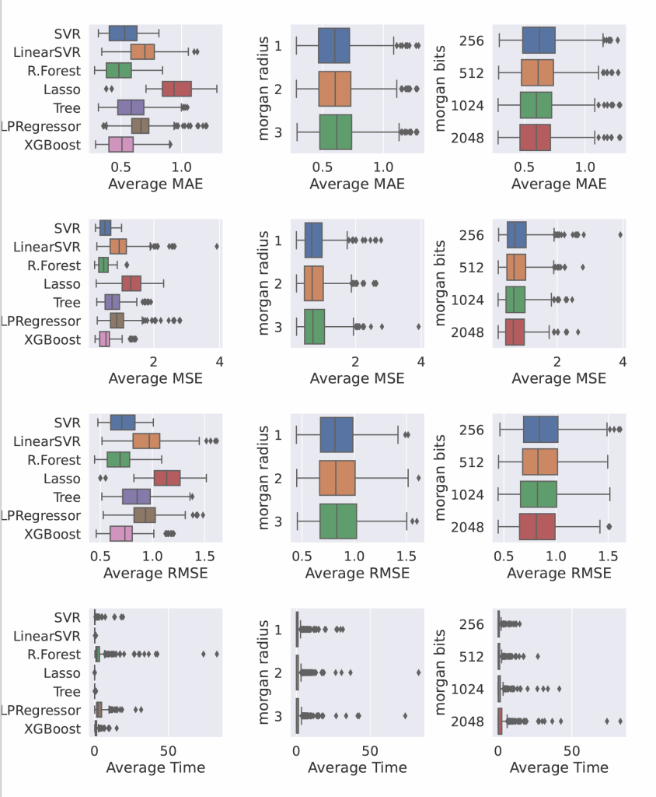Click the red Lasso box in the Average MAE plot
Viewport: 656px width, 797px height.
[176, 89]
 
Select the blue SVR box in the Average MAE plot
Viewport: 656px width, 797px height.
[123, 33]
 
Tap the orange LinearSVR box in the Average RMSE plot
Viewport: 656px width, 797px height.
[146, 441]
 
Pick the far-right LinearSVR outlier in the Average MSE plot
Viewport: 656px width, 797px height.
[217, 246]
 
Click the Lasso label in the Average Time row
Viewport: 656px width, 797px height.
[62, 673]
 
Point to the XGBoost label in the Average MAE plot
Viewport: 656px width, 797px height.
[52, 145]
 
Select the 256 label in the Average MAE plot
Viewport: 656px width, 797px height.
[473, 40]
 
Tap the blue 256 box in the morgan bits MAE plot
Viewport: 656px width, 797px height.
[539, 40]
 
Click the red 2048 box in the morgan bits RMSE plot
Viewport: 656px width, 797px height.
[536, 527]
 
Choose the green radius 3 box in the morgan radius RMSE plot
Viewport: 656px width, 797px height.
[338, 521]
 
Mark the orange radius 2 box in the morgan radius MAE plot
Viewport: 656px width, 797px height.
[334, 88]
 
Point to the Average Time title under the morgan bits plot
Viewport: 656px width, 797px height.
[559, 767]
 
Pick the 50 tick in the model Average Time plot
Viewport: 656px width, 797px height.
[167, 751]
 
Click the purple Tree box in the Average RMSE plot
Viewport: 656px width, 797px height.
[136, 497]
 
